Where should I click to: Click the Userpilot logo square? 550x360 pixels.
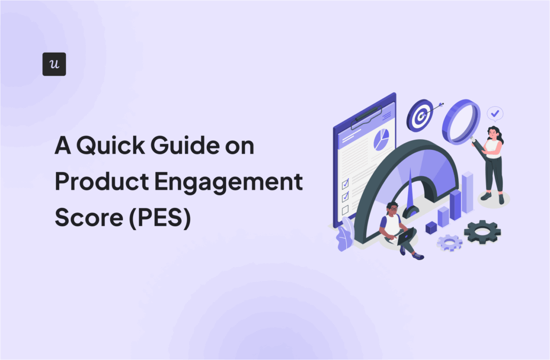pyautogui.click(x=54, y=64)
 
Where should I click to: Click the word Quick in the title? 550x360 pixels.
pyautogui.click(x=115, y=146)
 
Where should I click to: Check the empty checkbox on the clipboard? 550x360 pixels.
pyautogui.click(x=345, y=209)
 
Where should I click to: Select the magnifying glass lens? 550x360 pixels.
pyautogui.click(x=461, y=121)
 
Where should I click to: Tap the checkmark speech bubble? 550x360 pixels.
pyautogui.click(x=495, y=113)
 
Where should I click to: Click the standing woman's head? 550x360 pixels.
pyautogui.click(x=493, y=132)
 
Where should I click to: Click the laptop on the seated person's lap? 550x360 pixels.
pyautogui.click(x=407, y=235)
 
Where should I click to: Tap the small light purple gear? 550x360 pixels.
pyautogui.click(x=449, y=243)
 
